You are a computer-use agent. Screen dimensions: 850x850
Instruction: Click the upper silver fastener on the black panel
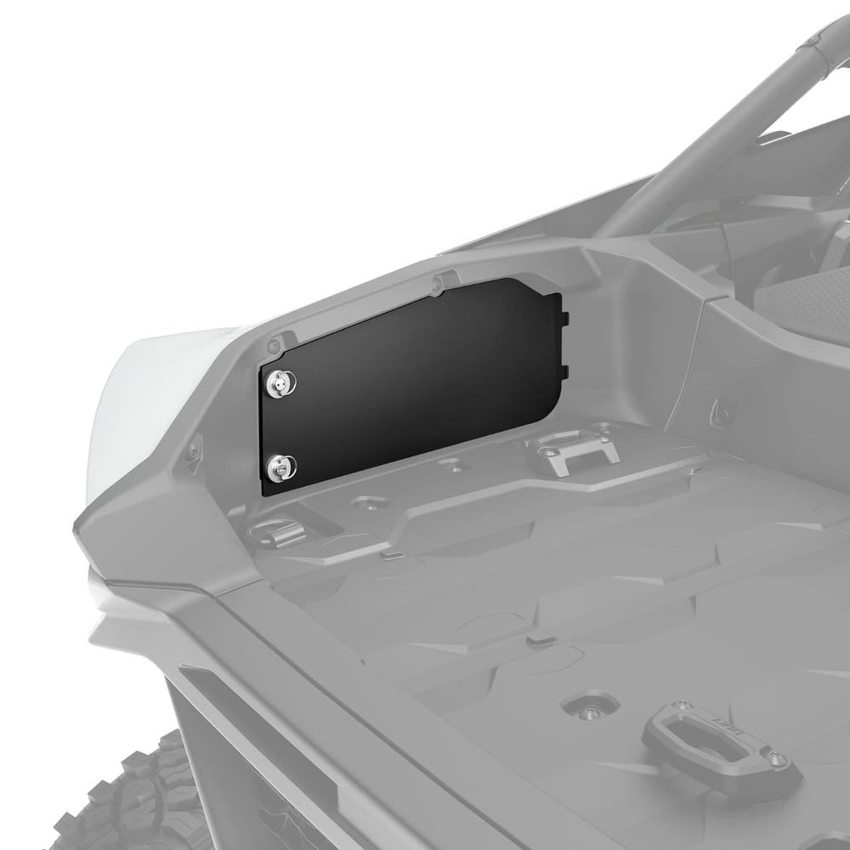click(x=277, y=383)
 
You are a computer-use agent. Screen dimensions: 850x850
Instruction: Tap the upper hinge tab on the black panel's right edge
click(x=563, y=318)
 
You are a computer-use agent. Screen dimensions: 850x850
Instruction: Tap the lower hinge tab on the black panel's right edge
click(x=563, y=371)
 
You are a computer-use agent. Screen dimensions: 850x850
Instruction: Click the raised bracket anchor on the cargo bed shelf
click(x=571, y=450)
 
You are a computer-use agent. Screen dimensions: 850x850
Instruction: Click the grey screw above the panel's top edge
click(x=437, y=282)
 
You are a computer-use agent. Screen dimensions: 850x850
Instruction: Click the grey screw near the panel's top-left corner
click(x=274, y=346)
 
